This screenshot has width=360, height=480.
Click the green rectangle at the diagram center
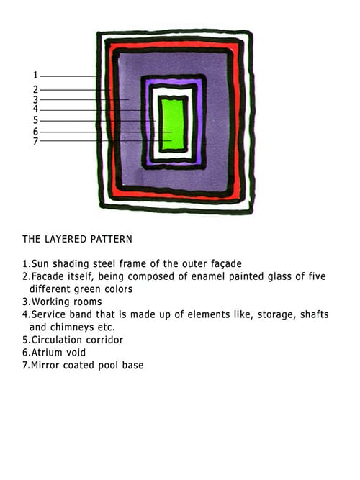(173, 124)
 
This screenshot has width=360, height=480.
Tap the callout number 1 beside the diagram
(35, 75)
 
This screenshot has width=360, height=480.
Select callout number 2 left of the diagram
(35, 90)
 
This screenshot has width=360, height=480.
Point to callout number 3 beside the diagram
(35, 100)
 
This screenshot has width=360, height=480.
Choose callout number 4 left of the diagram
(35, 109)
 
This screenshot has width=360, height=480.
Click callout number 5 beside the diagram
(35, 120)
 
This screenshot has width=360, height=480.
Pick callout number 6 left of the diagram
(35, 132)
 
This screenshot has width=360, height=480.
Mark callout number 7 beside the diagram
(35, 141)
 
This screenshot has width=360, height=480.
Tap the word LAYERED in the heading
(66, 239)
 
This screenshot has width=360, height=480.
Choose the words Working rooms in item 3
(66, 302)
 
